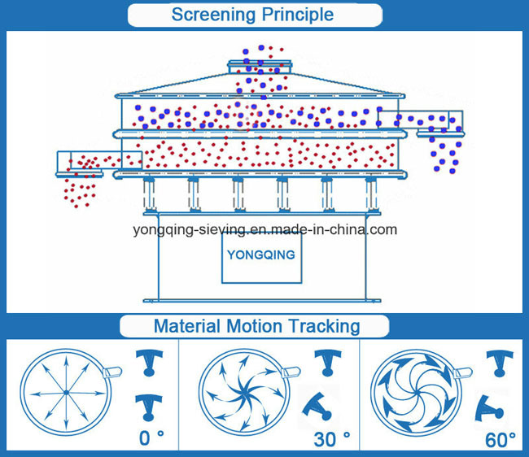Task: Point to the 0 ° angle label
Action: tap(151, 438)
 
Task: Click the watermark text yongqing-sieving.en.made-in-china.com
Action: tap(264, 229)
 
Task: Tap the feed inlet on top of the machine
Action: tap(260, 63)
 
